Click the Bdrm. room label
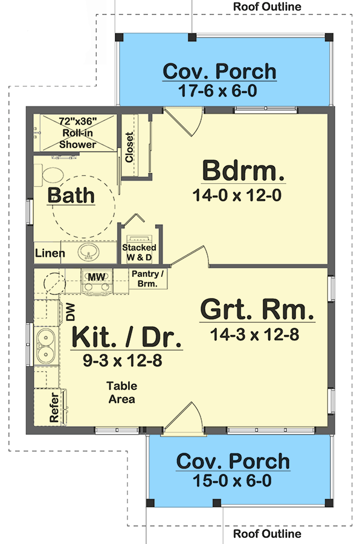click(243, 170)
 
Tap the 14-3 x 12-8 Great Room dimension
click(254, 335)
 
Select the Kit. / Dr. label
click(127, 337)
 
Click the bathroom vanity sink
click(88, 252)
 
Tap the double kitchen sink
click(45, 346)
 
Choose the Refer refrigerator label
click(54, 407)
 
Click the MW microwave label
click(97, 277)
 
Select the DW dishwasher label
click(71, 312)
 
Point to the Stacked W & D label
click(139, 252)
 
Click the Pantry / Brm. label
click(147, 279)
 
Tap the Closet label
click(129, 147)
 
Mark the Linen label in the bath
click(50, 253)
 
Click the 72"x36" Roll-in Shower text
click(78, 133)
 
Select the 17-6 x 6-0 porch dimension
click(217, 91)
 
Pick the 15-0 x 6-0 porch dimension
click(232, 481)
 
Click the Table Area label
click(122, 392)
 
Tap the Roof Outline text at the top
click(267, 6)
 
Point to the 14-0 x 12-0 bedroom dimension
click(237, 195)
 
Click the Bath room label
click(71, 195)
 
